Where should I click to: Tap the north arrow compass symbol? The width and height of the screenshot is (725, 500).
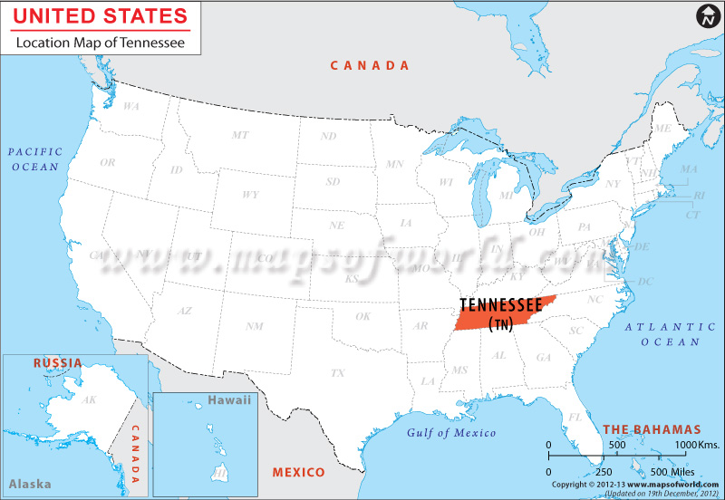click(x=706, y=16)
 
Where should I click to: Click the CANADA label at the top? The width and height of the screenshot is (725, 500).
click(x=370, y=65)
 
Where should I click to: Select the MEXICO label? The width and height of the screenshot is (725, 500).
click(x=299, y=473)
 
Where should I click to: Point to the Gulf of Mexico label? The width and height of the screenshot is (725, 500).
click(x=451, y=433)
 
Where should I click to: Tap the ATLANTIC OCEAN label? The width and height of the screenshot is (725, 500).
click(x=671, y=333)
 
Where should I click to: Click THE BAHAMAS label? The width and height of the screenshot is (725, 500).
click(x=652, y=428)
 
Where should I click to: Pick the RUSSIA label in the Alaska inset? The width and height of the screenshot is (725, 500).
click(x=57, y=363)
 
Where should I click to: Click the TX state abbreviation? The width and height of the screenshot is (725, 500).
click(x=337, y=372)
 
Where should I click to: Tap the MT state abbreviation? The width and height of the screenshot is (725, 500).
click(x=239, y=135)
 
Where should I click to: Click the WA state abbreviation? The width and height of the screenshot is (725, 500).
click(x=131, y=106)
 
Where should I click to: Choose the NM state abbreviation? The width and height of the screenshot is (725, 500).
click(x=255, y=325)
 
